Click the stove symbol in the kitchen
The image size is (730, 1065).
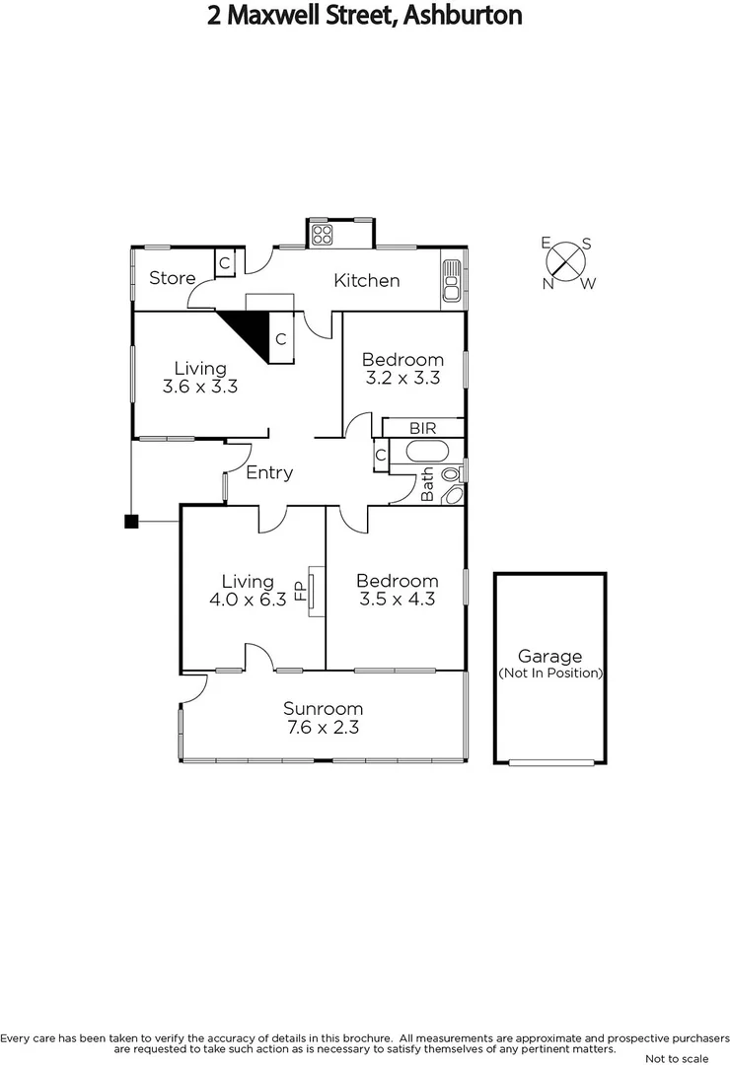tap(323, 234)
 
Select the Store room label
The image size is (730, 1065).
tap(172, 278)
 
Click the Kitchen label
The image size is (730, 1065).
tap(367, 281)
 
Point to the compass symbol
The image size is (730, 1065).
tap(566, 261)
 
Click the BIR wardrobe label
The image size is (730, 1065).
tap(423, 428)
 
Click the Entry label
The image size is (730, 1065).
tap(269, 473)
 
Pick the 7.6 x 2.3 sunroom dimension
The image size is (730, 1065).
tap(323, 728)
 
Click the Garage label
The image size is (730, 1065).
tap(549, 657)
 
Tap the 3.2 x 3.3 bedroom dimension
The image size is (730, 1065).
tap(401, 378)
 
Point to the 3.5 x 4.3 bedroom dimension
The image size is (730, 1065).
tap(397, 599)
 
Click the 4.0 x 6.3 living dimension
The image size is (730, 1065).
tap(247, 599)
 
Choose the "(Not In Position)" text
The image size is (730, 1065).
tap(549, 674)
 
